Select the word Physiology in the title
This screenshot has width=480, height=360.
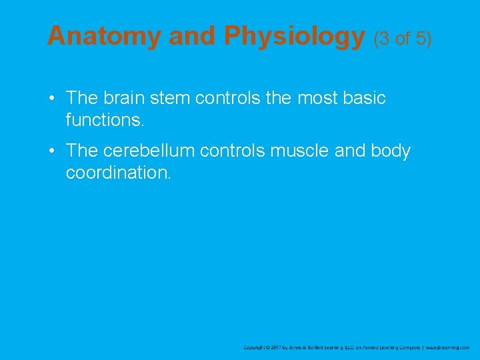click(x=294, y=37)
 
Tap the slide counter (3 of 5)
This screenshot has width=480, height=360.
click(x=402, y=39)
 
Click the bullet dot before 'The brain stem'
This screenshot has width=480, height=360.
click(x=52, y=99)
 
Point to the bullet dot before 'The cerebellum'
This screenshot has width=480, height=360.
click(x=52, y=152)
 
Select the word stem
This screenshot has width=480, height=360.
click(x=175, y=98)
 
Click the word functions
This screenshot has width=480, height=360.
click(x=105, y=121)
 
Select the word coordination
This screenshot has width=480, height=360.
click(x=118, y=173)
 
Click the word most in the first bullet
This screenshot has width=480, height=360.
click(x=315, y=98)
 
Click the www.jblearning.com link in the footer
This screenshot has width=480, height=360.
click(x=447, y=347)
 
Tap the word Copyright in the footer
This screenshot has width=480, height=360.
click(x=255, y=347)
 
